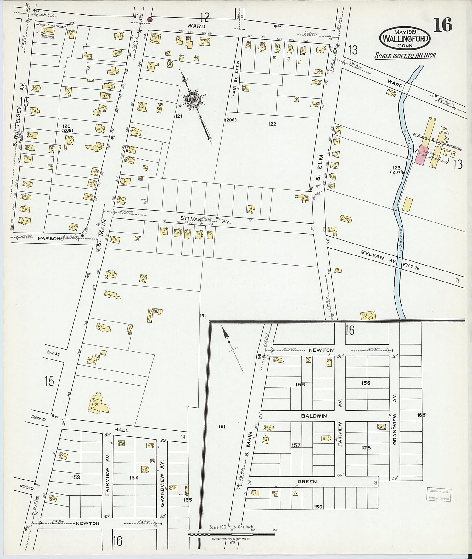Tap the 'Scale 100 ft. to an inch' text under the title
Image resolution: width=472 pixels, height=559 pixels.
click(405, 56)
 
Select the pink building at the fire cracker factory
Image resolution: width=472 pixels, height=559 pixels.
click(420, 155)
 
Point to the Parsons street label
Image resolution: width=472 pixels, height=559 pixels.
click(51, 238)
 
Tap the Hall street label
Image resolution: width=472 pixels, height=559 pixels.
click(121, 430)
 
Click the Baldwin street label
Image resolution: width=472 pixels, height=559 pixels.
click(314, 416)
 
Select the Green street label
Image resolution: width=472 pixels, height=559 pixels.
click(307, 481)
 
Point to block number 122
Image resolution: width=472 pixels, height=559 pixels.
click(272, 124)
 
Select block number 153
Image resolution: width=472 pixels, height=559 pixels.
click(76, 477)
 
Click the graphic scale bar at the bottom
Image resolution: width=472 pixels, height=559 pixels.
click(231, 534)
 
